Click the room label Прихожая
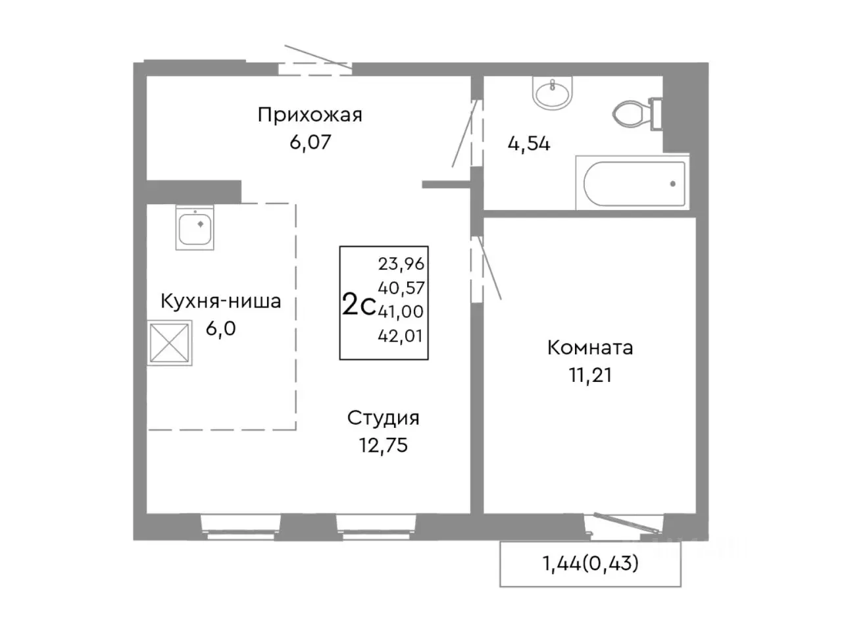[310, 115]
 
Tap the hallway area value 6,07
[310, 142]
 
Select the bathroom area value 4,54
[529, 144]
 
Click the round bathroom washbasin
[553, 95]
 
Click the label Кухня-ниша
[221, 302]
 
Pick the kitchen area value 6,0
[221, 328]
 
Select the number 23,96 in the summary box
[401, 264]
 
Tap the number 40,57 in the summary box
[401, 288]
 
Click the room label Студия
[384, 418]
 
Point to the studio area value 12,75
[384, 445]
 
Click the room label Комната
[590, 348]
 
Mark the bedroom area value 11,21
[590, 375]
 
